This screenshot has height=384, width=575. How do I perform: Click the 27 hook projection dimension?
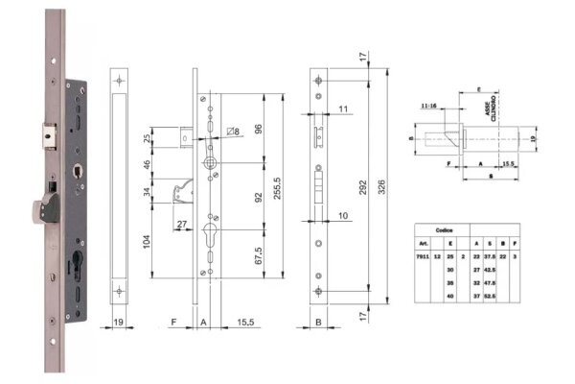[x=180, y=226]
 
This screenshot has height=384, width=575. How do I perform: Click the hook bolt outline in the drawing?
[x=177, y=192]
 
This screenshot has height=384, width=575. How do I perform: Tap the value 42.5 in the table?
[x=502, y=271]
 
